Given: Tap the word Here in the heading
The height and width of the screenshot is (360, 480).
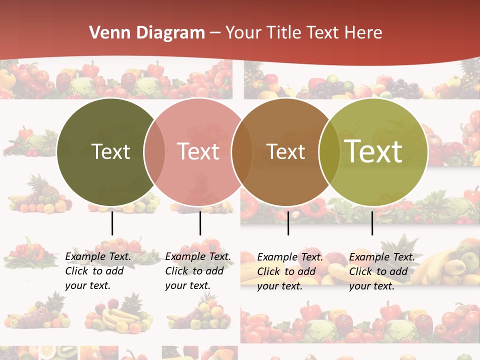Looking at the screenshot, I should pyautogui.click(x=363, y=33).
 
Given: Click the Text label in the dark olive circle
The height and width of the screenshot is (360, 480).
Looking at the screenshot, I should pyautogui.click(x=110, y=151).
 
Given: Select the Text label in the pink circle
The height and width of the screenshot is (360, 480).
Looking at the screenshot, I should pyautogui.click(x=198, y=151).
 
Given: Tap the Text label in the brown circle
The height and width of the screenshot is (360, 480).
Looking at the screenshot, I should pyautogui.click(x=285, y=151).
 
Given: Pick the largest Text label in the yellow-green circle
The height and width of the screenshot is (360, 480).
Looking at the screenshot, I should pyautogui.click(x=373, y=151).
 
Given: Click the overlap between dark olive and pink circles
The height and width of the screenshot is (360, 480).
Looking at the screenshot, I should pyautogui.click(x=154, y=151).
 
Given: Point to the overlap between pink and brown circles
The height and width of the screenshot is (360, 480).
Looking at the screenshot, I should pyautogui.click(x=242, y=151).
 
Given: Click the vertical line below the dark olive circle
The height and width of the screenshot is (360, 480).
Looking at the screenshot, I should pyautogui.click(x=112, y=223).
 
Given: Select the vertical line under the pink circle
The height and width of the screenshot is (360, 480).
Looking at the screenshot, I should pyautogui.click(x=200, y=223).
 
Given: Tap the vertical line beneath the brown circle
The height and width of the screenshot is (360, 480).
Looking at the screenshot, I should pyautogui.click(x=288, y=223).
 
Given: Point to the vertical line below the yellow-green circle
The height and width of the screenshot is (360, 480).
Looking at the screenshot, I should pyautogui.click(x=372, y=223).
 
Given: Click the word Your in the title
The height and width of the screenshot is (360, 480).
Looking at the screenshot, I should pyautogui.click(x=242, y=33).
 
